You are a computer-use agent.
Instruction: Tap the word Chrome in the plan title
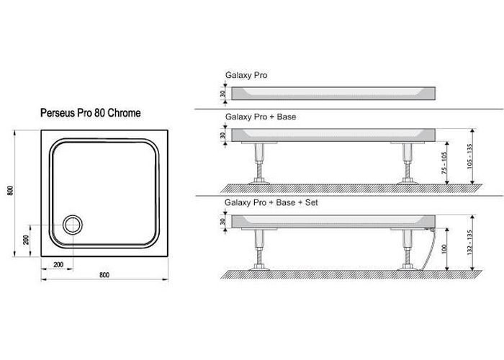point(124,113)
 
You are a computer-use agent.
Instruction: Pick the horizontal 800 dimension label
point(105,274)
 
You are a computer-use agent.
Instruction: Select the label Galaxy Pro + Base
point(261,117)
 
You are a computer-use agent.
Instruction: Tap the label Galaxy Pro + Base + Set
point(271,203)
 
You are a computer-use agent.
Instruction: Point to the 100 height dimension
point(446,248)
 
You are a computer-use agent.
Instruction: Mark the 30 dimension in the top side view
point(224,91)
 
